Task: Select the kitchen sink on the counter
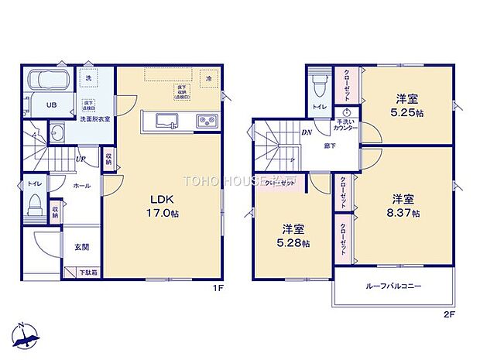click(168, 121)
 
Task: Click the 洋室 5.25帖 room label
click(407, 105)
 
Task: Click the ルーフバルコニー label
click(393, 286)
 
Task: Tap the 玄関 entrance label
click(81, 247)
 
